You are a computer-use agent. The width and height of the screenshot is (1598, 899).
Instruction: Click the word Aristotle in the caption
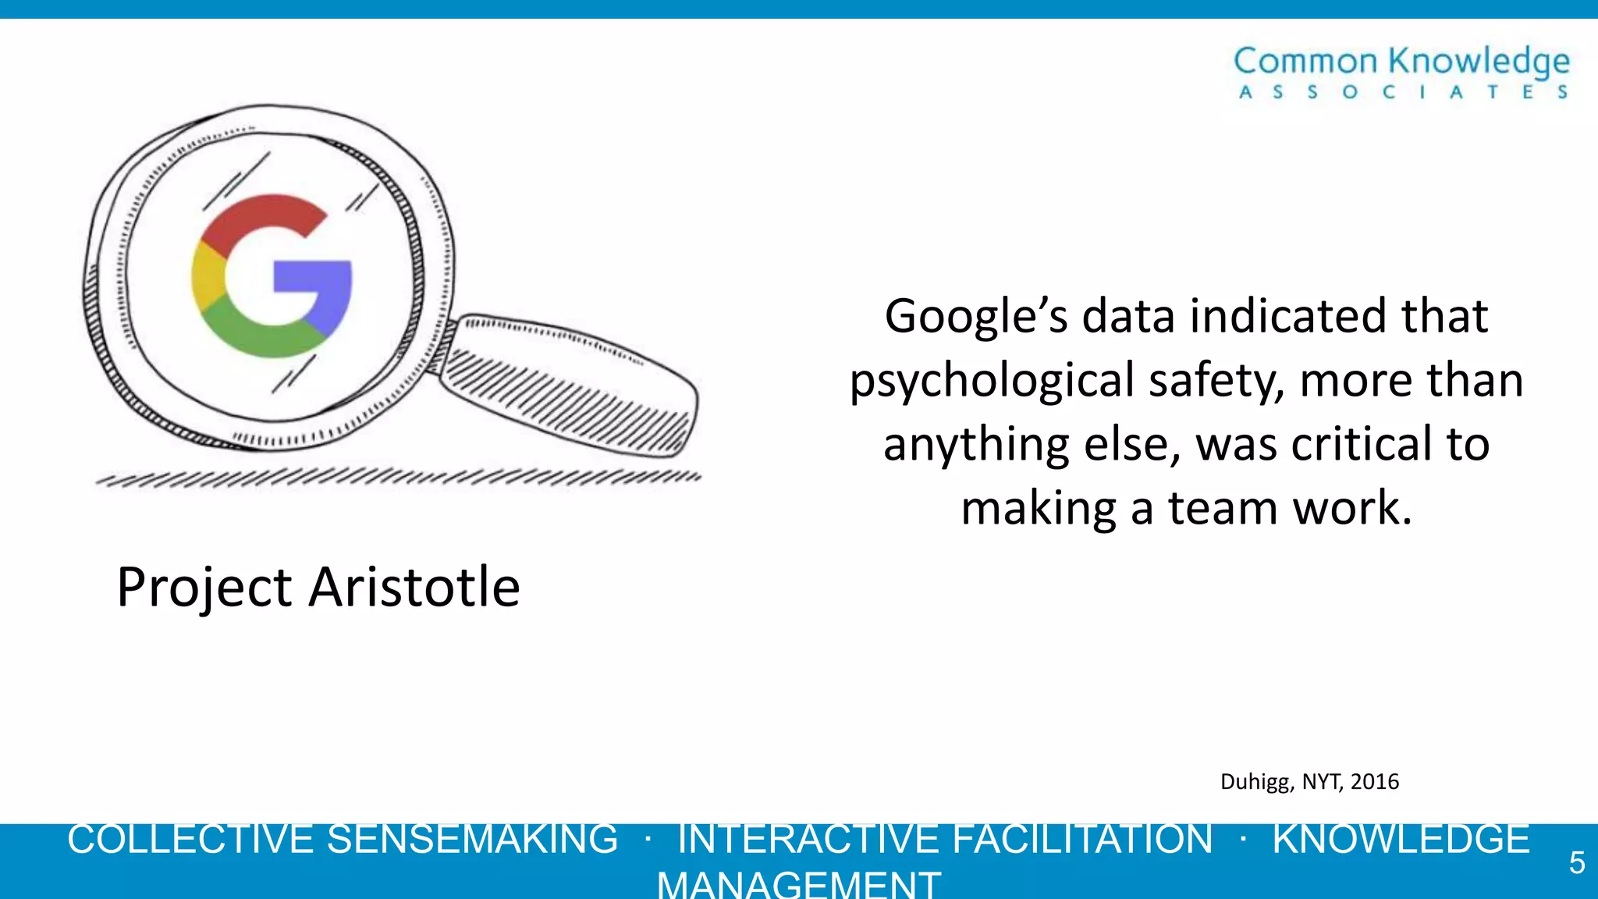(414, 587)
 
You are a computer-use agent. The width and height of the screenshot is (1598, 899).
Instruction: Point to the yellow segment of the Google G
(206, 277)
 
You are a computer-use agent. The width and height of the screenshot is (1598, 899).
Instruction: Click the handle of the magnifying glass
(570, 386)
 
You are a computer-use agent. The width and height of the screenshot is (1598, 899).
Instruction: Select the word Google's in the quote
(976, 317)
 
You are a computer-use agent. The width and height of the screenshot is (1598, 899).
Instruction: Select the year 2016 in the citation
(1375, 781)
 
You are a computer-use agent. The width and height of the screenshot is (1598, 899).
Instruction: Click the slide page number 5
(1577, 863)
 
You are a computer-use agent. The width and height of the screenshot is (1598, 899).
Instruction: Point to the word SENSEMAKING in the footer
(472, 840)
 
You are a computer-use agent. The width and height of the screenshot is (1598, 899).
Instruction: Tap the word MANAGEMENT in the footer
(799, 885)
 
